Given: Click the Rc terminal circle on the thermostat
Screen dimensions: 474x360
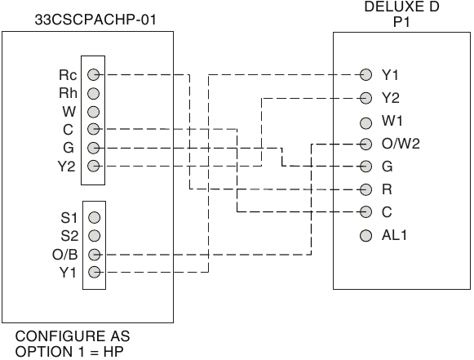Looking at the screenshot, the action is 93,74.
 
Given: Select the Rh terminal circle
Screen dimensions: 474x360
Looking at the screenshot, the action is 93,94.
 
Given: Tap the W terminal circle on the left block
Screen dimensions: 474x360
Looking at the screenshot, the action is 93,112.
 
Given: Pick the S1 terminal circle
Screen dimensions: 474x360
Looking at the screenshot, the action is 95,217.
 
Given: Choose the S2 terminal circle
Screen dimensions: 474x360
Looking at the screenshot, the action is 95,235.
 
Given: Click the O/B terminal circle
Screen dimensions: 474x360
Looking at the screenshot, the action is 95,255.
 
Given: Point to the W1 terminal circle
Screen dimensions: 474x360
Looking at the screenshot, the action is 365,123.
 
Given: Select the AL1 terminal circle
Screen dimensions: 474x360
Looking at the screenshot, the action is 365,236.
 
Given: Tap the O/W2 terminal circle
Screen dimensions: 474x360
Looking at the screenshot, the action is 365,144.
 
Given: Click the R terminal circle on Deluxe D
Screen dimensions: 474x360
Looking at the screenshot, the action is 365,189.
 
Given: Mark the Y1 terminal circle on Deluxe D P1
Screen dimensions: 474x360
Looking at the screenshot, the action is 365,74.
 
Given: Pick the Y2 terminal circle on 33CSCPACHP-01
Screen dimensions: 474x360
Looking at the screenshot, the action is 93,166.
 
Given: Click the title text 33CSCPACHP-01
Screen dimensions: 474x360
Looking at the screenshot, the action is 95,20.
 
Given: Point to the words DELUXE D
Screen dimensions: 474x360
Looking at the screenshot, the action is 401,7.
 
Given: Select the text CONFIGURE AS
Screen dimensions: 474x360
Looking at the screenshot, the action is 73,336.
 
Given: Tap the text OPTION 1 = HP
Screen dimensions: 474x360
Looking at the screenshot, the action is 69,352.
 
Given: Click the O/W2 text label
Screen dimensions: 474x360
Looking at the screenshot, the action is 401,144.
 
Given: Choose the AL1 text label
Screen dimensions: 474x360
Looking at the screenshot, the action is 394,235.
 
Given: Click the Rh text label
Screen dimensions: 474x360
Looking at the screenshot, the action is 68,93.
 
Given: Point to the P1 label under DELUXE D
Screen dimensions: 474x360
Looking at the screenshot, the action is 401,22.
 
